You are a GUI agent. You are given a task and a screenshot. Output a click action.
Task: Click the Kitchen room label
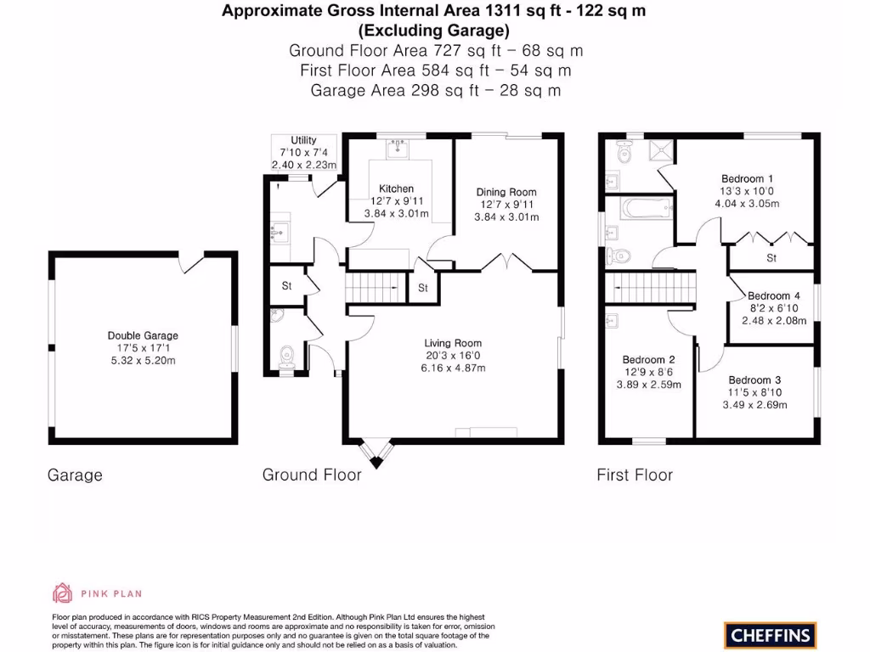pos(397,188)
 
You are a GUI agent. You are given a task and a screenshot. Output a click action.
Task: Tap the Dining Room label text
pos(506,192)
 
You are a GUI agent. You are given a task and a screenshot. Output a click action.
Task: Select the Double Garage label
pos(143,335)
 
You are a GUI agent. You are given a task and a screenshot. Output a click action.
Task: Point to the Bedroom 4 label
pos(774,296)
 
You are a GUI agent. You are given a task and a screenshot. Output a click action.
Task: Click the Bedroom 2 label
pos(648,359)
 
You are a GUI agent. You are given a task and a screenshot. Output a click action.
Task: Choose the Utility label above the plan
pos(303,140)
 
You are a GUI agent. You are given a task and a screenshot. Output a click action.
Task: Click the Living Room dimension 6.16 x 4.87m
pos(455,368)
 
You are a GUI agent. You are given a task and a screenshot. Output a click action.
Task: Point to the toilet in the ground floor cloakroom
pos(286,355)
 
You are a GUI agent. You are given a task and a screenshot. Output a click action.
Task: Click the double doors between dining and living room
pos(507,261)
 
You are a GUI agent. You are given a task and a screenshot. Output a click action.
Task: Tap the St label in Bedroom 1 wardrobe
pos(771,257)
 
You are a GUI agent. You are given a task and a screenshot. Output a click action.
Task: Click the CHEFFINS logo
pos(770,634)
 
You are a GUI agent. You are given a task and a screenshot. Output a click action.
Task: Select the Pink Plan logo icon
pos(64,593)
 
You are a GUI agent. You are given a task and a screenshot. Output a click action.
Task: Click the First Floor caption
pos(634,475)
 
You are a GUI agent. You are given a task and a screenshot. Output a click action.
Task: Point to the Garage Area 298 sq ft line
pos(435,90)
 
